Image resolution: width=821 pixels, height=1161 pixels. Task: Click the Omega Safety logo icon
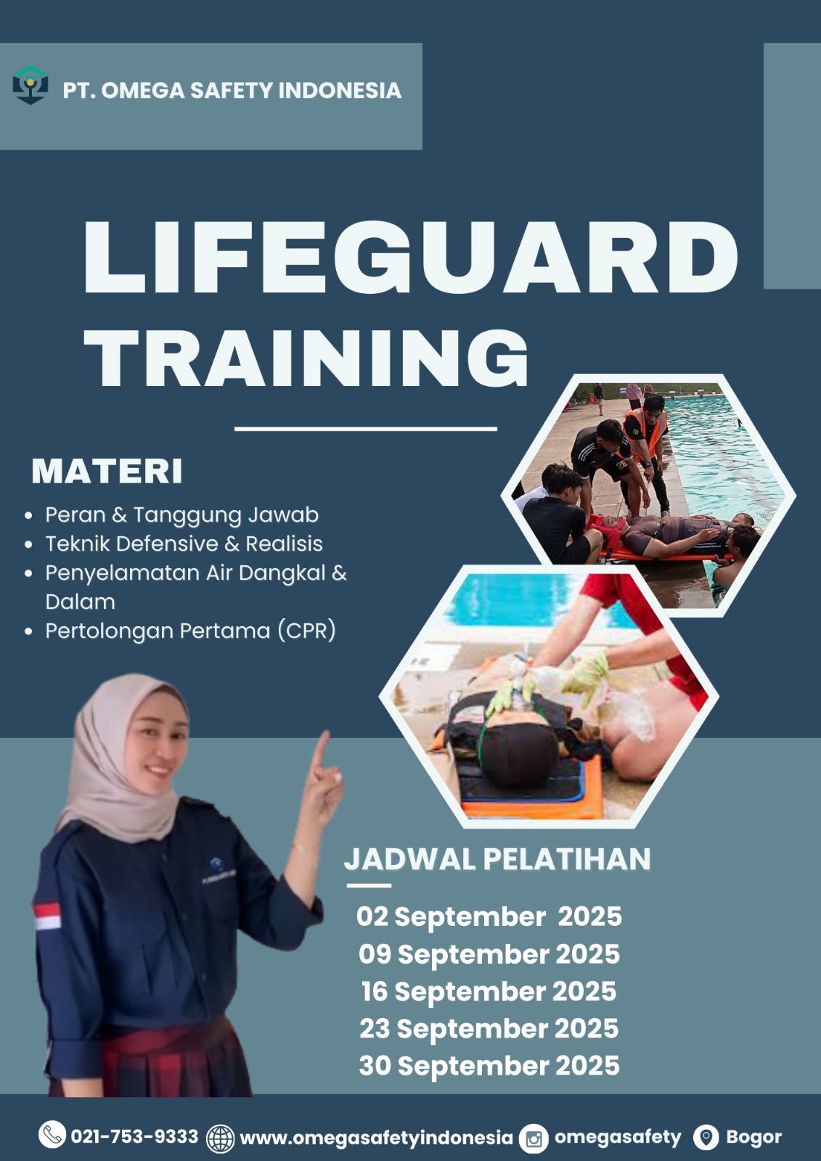click(x=30, y=85)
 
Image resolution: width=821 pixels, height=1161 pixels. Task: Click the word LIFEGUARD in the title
click(x=410, y=257)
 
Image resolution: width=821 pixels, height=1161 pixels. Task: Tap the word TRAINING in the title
click(x=306, y=358)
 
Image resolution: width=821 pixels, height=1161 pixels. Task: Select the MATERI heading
click(x=107, y=471)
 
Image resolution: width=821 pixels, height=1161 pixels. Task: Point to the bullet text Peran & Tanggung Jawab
click(x=181, y=514)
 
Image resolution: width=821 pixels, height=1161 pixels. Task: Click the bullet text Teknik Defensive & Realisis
click(x=184, y=543)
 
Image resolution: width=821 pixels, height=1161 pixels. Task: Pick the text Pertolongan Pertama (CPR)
click(x=190, y=631)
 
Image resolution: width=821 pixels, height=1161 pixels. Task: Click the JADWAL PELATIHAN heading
click(x=497, y=859)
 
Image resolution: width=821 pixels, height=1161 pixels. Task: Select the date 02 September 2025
click(x=489, y=916)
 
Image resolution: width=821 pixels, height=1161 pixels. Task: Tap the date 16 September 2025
click(x=489, y=991)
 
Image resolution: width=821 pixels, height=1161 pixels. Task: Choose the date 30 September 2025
click(x=489, y=1066)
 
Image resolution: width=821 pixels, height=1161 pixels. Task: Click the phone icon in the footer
click(x=52, y=1134)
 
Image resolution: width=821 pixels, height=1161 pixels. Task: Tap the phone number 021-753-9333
click(x=134, y=1136)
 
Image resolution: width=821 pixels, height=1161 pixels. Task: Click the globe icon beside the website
click(x=221, y=1139)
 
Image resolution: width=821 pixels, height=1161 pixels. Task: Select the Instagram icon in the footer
click(x=534, y=1139)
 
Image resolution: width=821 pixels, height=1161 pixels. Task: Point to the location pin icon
click(x=706, y=1137)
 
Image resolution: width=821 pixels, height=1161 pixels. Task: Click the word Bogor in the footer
click(x=753, y=1136)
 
